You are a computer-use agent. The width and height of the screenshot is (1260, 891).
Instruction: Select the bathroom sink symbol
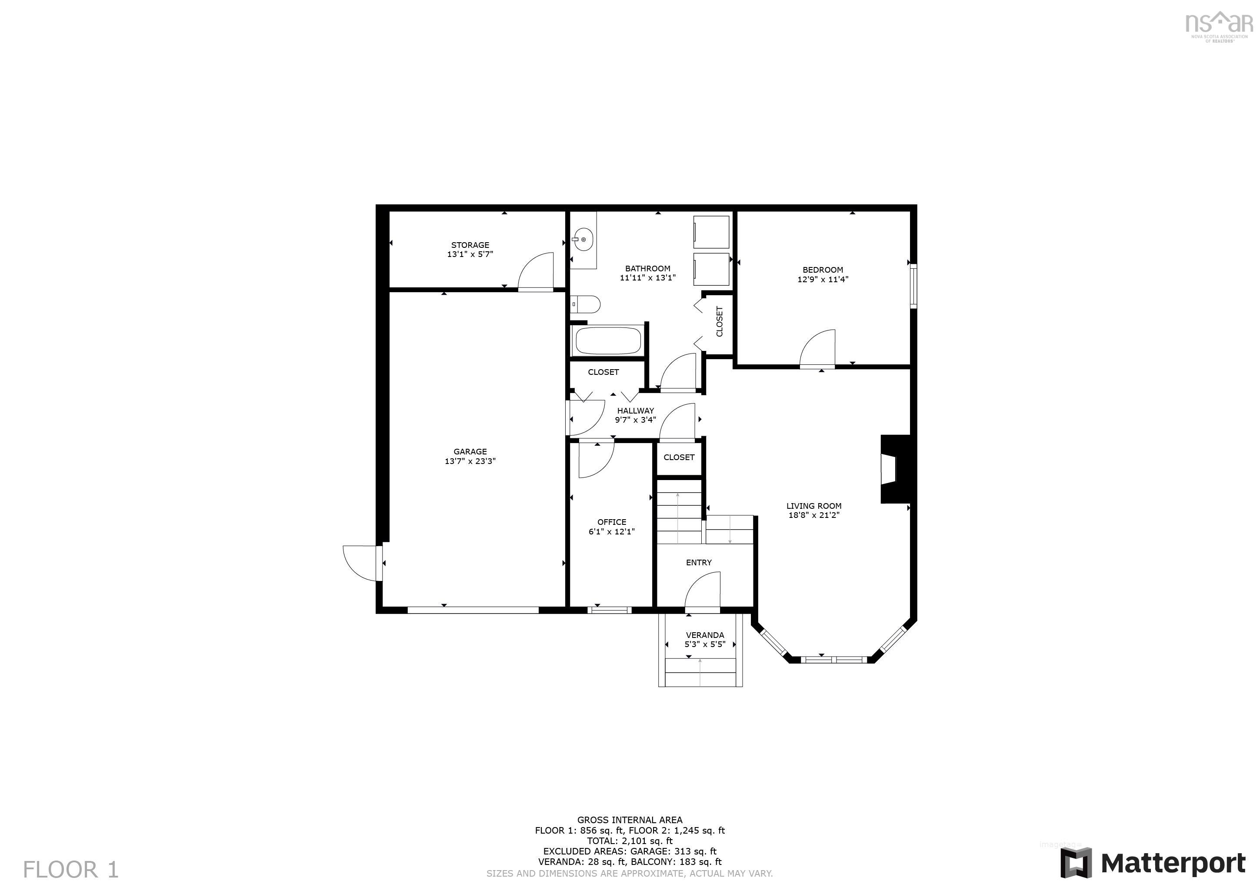coord(582,239)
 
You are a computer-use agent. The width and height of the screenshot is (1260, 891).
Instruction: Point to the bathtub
coord(607,340)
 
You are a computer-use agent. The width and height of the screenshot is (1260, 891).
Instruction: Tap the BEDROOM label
coord(822,270)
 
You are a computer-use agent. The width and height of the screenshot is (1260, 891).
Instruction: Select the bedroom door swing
coord(818,349)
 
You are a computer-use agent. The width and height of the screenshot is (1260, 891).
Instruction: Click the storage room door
coord(536,272)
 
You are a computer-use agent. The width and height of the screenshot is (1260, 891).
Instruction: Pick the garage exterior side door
coord(360,563)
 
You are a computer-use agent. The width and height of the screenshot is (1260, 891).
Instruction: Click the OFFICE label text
coord(611,522)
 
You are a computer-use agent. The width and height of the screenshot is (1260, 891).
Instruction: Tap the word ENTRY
coord(699,562)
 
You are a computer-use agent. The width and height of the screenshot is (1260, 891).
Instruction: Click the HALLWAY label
coord(636,410)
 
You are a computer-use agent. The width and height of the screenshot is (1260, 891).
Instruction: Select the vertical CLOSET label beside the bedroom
coord(720,321)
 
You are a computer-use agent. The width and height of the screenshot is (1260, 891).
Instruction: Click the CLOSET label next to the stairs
coord(679,457)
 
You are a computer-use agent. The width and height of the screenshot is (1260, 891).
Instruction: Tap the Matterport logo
coord(1153,864)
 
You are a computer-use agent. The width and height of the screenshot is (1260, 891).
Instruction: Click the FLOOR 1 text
coord(71,870)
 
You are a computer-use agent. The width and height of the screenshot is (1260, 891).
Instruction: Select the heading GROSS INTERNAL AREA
coord(630,820)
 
